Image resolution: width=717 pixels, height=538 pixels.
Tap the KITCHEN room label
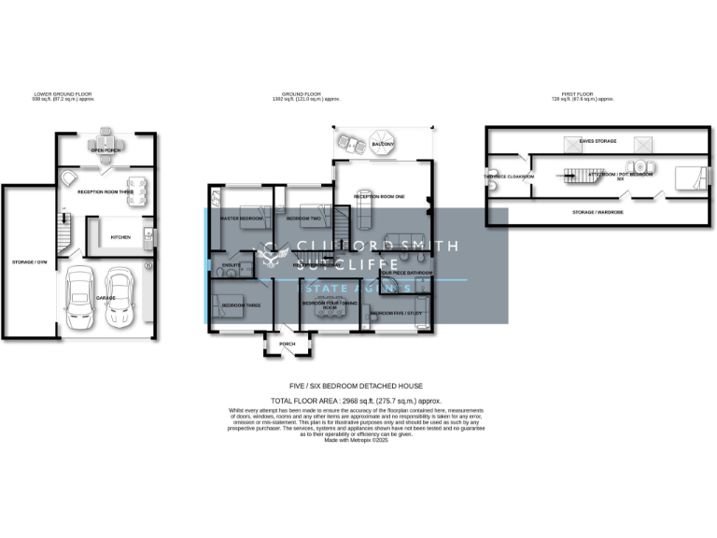click(x=121, y=237)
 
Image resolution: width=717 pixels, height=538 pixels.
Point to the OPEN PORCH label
click(x=104, y=149)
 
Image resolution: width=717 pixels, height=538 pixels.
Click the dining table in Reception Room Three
click(x=136, y=191)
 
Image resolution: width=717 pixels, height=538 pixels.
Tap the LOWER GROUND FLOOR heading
click(x=63, y=94)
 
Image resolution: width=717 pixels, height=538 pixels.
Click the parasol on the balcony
click(x=382, y=145)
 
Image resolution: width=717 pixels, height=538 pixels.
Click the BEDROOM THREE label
click(x=241, y=305)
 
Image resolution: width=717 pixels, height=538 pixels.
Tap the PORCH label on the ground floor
click(x=287, y=344)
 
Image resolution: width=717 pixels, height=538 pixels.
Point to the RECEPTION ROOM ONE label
click(x=379, y=197)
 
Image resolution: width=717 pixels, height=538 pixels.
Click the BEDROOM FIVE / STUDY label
click(x=398, y=313)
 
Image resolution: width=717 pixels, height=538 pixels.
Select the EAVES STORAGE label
click(x=598, y=141)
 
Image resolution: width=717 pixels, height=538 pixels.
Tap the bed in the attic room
click(x=687, y=175)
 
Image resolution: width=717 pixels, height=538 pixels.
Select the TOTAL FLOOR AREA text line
click(x=355, y=400)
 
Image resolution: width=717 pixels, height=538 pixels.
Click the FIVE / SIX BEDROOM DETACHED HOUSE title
click(x=356, y=385)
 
